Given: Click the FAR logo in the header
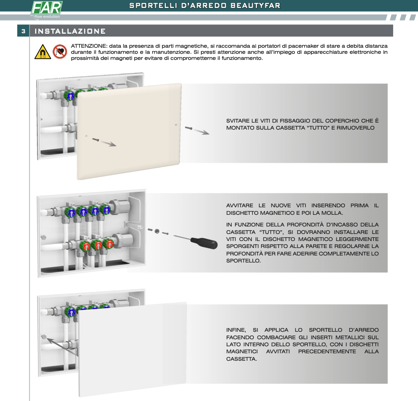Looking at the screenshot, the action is [x=47, y=8].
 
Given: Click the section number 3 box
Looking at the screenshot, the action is [x=23, y=31].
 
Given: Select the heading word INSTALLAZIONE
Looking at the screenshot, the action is [x=70, y=31].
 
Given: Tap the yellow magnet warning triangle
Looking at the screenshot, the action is [x=43, y=51].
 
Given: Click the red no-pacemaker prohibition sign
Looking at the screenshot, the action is [x=60, y=51].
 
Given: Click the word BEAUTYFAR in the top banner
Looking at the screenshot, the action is [x=256, y=6].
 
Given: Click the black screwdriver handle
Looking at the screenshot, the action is [x=204, y=243].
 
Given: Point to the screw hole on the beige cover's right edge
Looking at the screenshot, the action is [x=176, y=124].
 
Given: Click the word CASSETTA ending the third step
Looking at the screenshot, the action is [x=242, y=359].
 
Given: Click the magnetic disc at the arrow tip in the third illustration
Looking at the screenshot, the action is [x=44, y=337].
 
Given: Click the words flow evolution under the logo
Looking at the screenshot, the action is [x=47, y=16].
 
